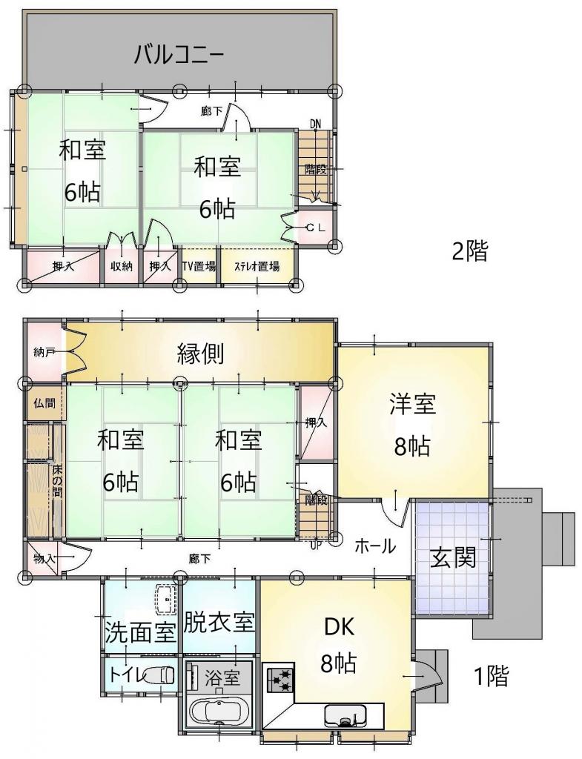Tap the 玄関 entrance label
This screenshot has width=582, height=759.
tap(453, 557)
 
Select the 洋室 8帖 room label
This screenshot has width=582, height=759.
tap(412, 425)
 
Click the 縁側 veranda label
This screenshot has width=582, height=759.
tap(200, 353)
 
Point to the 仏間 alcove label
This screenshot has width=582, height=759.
tap(44, 403)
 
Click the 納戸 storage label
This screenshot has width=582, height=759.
tap(44, 352)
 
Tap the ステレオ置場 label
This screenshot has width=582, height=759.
tap(257, 266)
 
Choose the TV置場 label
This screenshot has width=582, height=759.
tap(199, 266)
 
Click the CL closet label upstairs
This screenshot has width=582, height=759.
tap(316, 228)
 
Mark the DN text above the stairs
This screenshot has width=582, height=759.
tap(316, 125)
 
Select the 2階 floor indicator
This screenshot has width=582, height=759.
tap(469, 251)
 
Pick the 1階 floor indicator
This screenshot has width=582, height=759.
tap(491, 676)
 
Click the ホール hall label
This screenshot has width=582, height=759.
tap(376, 546)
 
